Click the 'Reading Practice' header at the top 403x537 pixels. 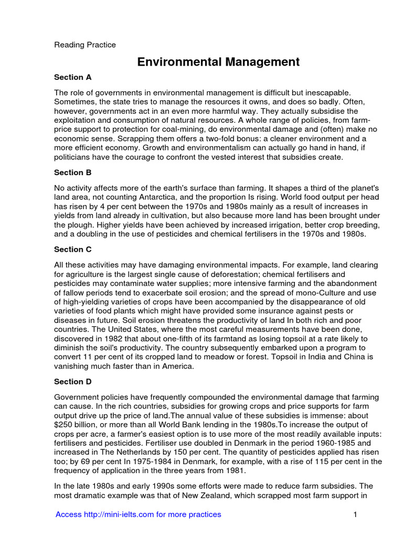(x=85, y=45)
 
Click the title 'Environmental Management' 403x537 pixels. (x=218, y=62)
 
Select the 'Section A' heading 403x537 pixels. (x=73, y=77)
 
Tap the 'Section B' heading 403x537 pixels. (x=73, y=173)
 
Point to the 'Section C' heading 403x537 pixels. (x=73, y=250)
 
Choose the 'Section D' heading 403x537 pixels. (x=73, y=382)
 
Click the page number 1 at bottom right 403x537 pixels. (x=355, y=514)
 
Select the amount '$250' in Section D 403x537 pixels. (x=65, y=424)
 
